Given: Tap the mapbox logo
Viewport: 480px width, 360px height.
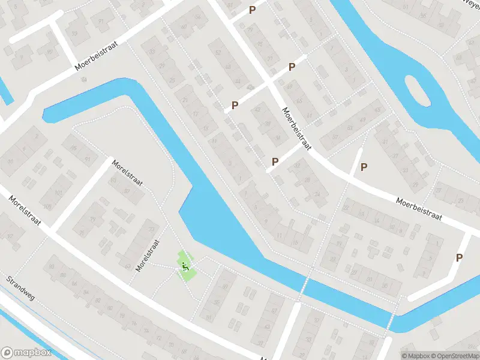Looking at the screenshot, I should pos(26,353).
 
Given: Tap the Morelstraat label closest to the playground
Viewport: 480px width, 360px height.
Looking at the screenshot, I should pos(148,255).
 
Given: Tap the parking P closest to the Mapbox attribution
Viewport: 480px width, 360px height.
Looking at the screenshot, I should pos(460,257).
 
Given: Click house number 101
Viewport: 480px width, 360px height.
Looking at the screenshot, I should pos(58,193).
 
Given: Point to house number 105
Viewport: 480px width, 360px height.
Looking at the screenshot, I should pos(64,208).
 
